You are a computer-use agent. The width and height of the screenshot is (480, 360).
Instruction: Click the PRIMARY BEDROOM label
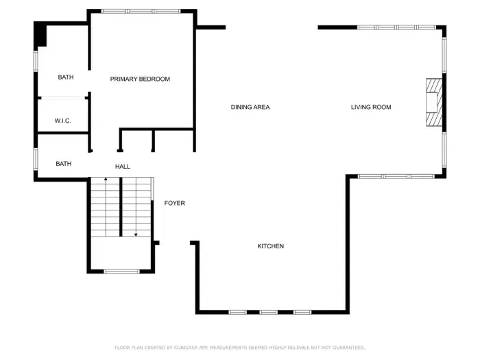click(x=140, y=80)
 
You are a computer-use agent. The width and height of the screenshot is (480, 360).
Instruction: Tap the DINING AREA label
click(x=250, y=107)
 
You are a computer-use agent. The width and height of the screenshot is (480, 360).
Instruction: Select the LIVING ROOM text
click(x=371, y=107)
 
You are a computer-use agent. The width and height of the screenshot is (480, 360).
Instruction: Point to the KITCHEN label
click(x=270, y=246)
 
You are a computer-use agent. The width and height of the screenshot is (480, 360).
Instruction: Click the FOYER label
click(x=174, y=203)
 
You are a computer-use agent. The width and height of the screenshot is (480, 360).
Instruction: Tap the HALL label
click(x=122, y=167)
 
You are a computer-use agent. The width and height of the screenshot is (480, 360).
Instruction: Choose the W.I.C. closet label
click(x=63, y=121)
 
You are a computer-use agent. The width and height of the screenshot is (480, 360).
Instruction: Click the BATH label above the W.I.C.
click(x=66, y=77)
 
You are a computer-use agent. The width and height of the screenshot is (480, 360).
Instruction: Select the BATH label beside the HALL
click(x=64, y=164)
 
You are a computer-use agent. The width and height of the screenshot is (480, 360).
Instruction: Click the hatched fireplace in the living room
click(x=433, y=103)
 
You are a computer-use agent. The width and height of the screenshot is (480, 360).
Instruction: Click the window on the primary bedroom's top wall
click(x=141, y=11)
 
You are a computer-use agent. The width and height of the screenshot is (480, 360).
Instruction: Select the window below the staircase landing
click(x=121, y=272)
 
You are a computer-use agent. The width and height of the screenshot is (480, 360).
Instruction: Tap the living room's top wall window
click(x=396, y=27)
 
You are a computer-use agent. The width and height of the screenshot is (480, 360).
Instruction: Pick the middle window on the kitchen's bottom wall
click(x=269, y=313)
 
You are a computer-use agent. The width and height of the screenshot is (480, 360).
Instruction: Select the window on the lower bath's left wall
click(x=36, y=158)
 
